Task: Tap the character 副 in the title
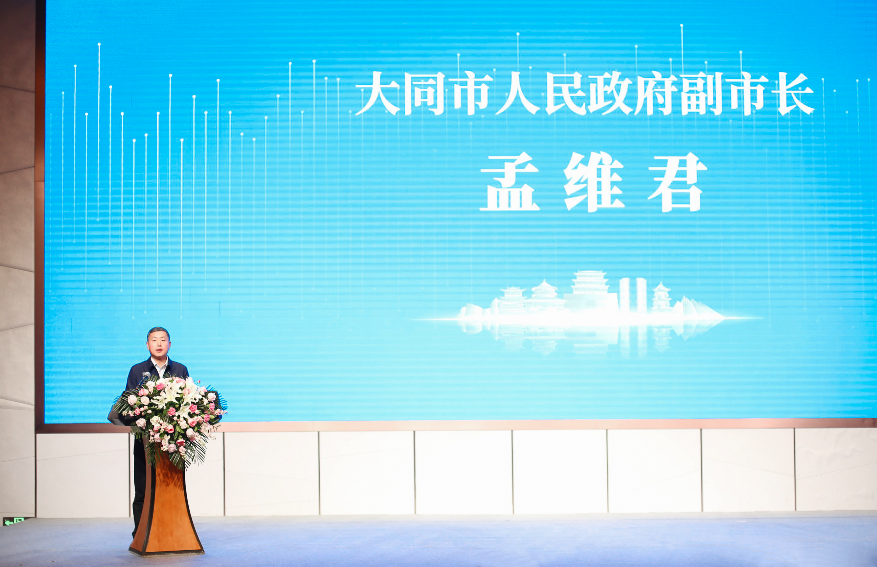point(702,94)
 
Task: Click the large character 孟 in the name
point(510,182)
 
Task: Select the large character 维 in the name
point(593,182)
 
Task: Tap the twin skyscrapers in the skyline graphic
point(632,295)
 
